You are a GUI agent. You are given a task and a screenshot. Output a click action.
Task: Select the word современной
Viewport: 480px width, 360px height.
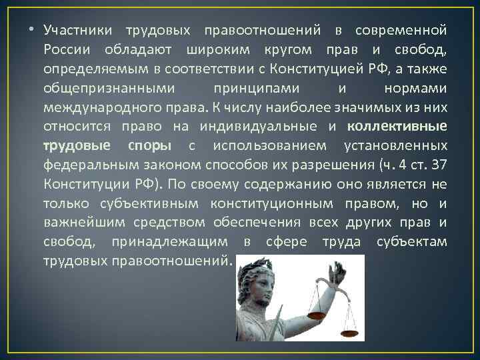401,31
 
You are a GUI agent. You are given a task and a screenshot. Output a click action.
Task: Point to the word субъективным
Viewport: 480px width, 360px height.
141,203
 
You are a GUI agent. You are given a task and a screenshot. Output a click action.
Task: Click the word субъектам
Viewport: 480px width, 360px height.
415,241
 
